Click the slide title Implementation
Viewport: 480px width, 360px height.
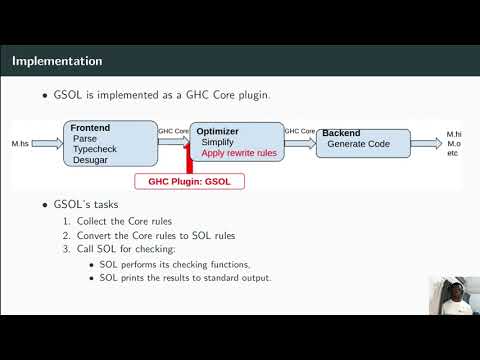[x=56, y=61]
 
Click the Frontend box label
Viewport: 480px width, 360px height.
[x=90, y=128]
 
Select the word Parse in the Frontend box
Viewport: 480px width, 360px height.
[x=86, y=138]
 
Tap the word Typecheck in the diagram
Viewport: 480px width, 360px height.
[x=96, y=149]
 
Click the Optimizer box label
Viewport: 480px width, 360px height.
[x=217, y=131]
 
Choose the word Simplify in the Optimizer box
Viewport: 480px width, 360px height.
[x=218, y=143]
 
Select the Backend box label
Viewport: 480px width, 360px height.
[x=341, y=133]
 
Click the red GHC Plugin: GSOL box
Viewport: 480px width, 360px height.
[x=190, y=181]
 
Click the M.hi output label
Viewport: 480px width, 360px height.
[x=454, y=133]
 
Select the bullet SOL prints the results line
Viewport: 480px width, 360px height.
[x=185, y=277]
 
